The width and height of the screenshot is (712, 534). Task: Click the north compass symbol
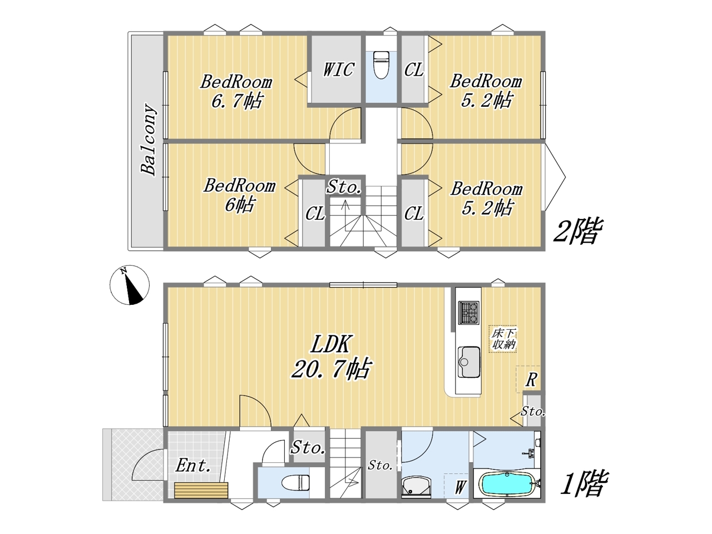tap(130, 285)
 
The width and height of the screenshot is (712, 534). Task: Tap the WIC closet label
tap(338, 70)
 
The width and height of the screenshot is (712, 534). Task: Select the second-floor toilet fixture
tap(381, 65)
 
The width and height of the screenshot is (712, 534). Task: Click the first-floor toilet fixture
tap(295, 482)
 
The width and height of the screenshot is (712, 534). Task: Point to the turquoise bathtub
tap(507, 483)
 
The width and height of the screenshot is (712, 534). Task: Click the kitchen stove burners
tap(468, 313)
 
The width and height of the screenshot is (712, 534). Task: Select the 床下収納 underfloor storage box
tap(503, 339)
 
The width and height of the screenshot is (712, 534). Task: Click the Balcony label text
tap(149, 140)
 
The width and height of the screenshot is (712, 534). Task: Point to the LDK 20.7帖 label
tap(331, 357)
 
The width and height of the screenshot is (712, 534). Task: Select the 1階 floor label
tap(584, 484)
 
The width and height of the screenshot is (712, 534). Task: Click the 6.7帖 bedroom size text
tap(237, 101)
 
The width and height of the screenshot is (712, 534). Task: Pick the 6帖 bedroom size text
tap(240, 205)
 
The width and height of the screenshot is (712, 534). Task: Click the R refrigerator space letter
tap(531, 380)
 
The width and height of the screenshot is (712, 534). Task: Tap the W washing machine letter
tap(459, 487)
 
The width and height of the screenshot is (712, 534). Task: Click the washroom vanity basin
tap(416, 487)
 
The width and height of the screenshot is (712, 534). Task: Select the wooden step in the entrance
tap(201, 490)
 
